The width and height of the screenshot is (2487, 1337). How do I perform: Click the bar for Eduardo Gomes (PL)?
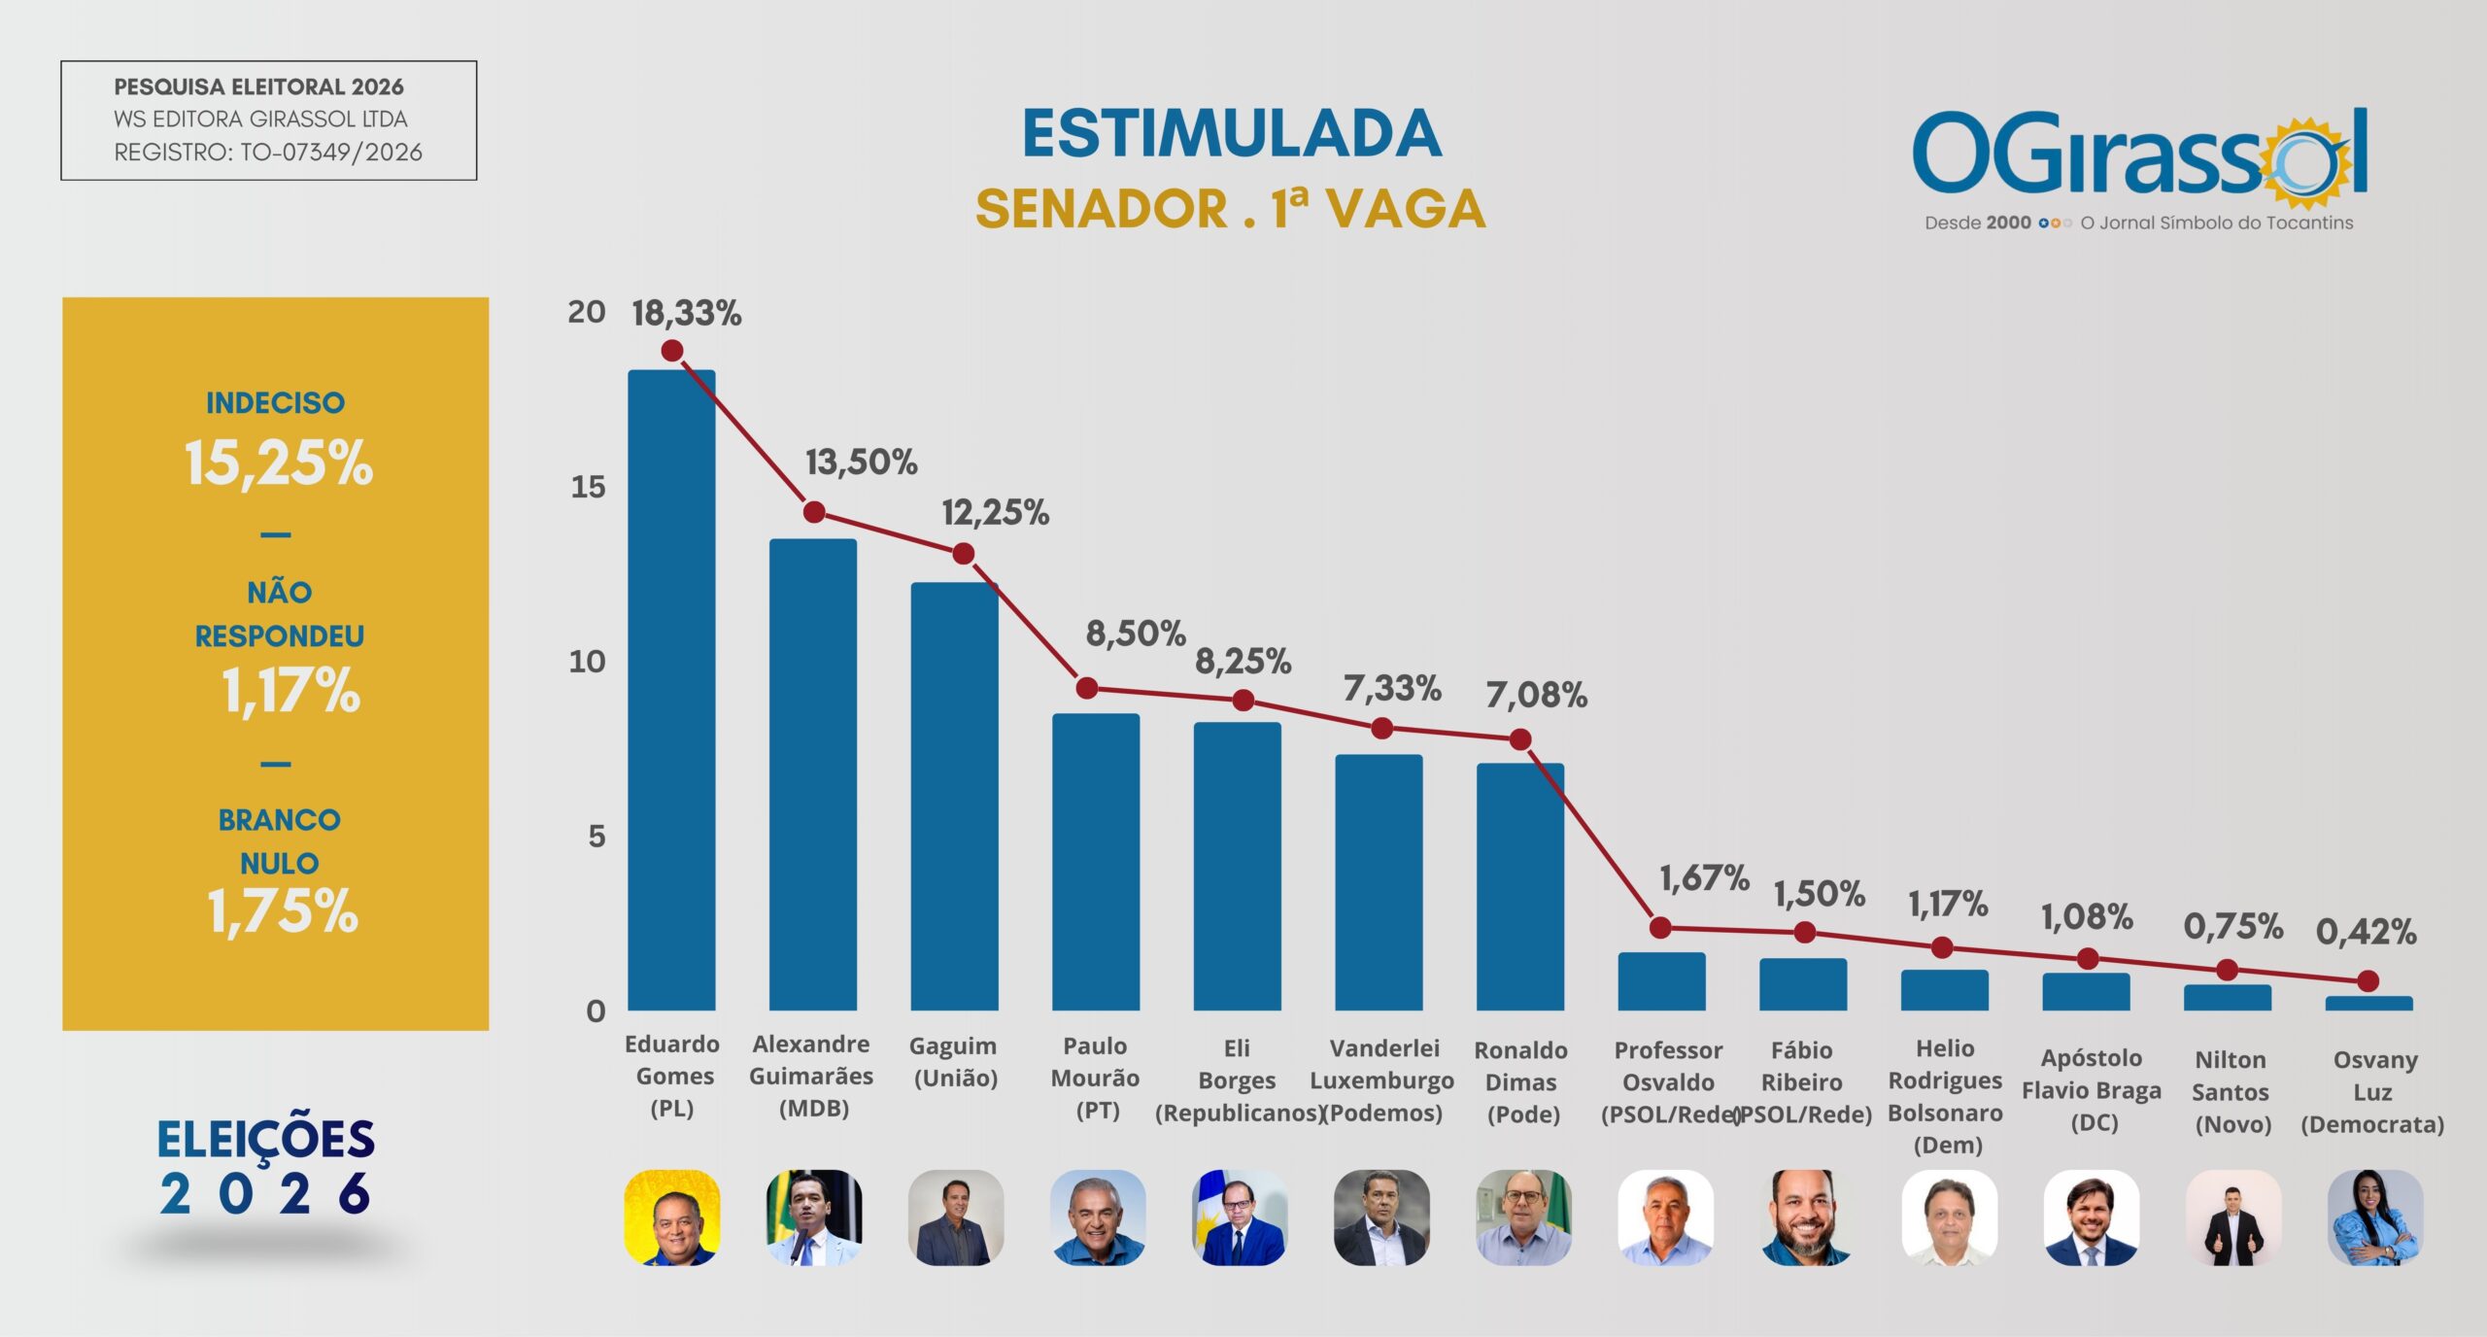point(671,690)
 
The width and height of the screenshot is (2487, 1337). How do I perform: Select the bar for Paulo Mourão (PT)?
point(1096,862)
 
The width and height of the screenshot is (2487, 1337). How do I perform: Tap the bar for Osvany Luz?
point(2368,1003)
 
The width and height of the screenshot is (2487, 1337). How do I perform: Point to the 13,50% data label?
point(861,463)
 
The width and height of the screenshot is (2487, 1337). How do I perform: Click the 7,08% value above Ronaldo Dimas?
point(1536,695)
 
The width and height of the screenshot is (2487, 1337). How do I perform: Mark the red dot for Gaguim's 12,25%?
point(963,554)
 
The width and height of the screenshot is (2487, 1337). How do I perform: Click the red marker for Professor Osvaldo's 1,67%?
point(1660,928)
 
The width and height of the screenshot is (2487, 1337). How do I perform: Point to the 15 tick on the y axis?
point(588,487)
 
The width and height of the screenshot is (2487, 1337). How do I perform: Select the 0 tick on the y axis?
point(596,1011)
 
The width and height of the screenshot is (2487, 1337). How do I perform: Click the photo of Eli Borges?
point(1240,1217)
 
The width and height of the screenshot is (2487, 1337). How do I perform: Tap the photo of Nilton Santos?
point(2232,1217)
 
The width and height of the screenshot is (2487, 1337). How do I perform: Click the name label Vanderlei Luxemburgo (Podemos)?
point(1383,1080)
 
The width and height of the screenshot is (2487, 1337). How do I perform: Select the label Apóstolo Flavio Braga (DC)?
point(2092,1090)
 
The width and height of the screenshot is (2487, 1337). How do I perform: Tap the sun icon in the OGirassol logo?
point(2310,163)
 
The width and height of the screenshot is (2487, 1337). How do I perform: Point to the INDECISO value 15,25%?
point(279,463)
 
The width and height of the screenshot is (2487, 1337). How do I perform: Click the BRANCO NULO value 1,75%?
point(283,911)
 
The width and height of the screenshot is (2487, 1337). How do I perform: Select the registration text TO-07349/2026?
point(331,153)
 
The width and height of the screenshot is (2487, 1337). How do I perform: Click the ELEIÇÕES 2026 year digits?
point(265,1193)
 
